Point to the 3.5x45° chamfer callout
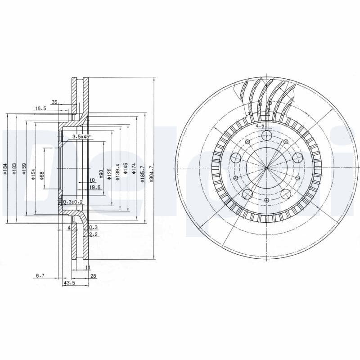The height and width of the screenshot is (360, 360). coord(81,136)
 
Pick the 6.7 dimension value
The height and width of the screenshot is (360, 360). coord(40,275)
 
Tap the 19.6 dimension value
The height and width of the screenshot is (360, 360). coord(94,187)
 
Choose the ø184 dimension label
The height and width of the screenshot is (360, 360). coord(5,169)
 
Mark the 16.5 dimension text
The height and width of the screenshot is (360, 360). coord(40,108)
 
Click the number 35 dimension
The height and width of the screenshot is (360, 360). coord(54,102)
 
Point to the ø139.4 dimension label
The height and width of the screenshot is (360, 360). coord(117,172)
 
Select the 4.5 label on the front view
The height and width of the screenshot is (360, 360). coord(260,126)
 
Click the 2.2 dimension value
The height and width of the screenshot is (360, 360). coord(93,234)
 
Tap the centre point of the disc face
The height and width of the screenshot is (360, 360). coord(266,168)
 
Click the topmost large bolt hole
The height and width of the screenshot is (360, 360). coord(266,136)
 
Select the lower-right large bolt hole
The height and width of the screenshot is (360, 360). coord(286,194)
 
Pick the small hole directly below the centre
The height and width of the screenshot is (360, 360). coord(266,200)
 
